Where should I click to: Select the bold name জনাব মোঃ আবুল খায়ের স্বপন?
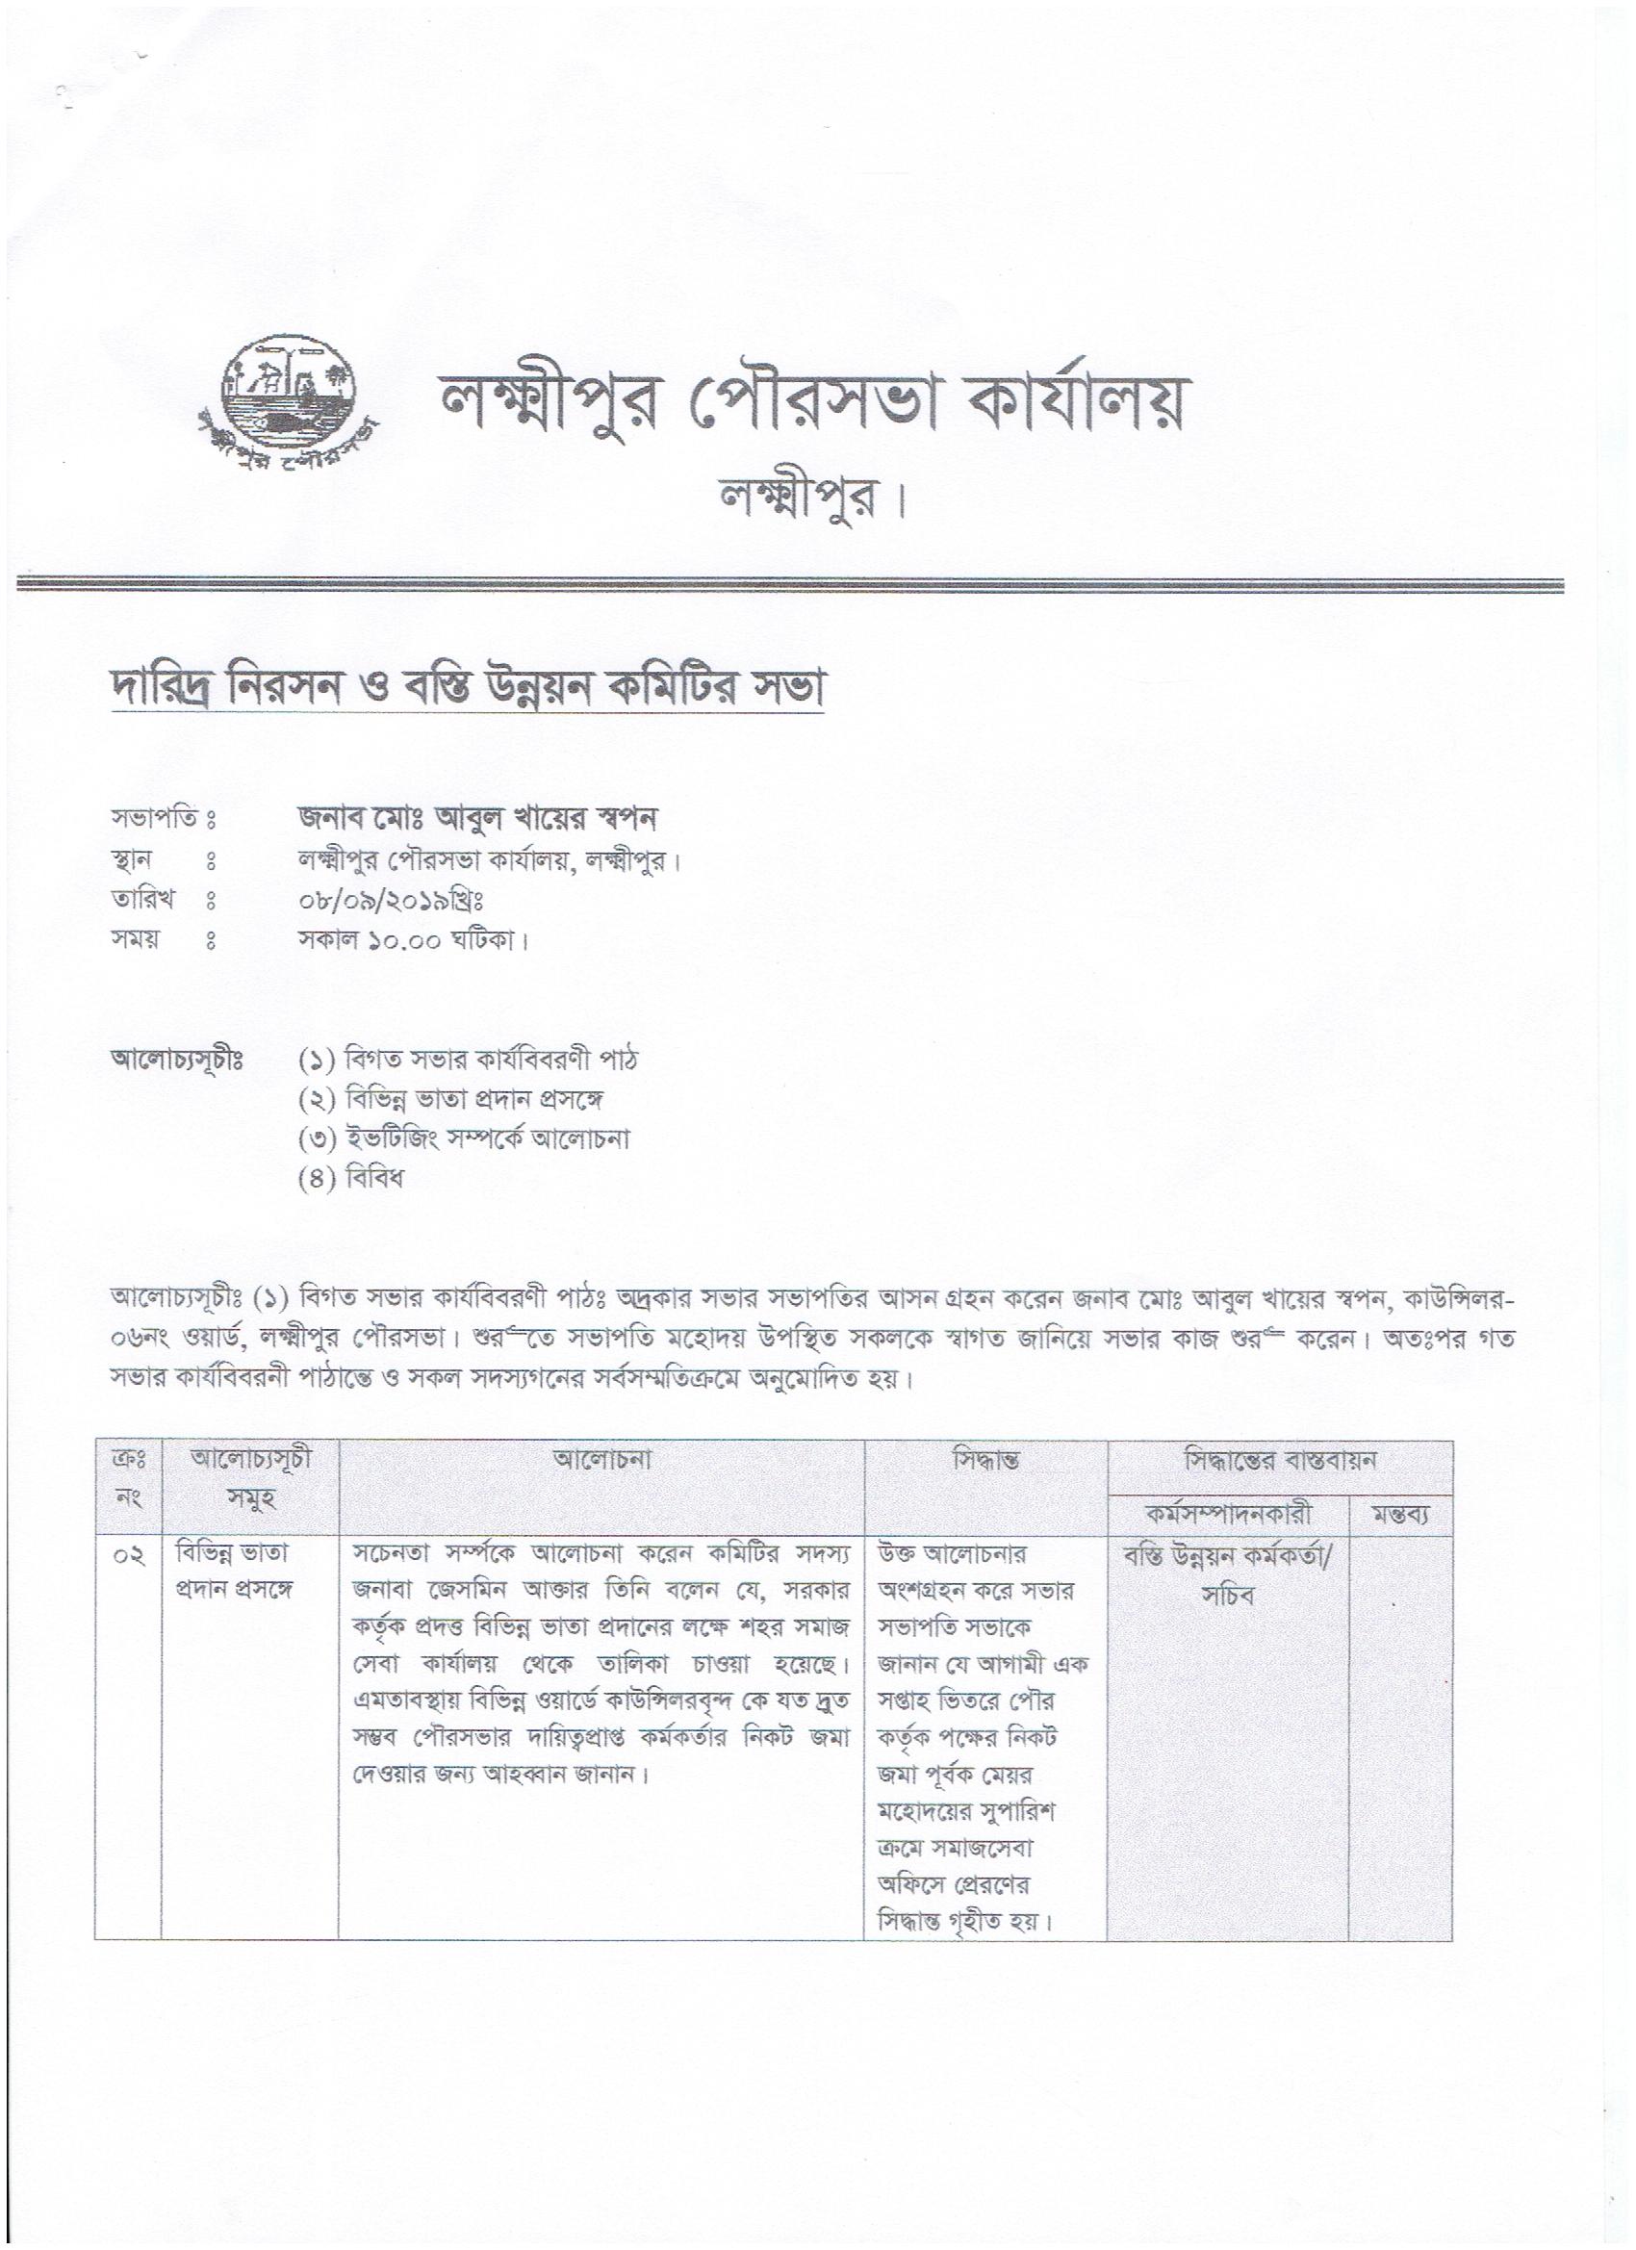point(479,818)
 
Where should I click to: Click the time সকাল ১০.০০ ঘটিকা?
point(413,939)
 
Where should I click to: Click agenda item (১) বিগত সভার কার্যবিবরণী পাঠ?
point(469,1060)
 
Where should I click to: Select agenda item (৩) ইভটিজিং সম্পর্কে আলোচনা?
point(464,1138)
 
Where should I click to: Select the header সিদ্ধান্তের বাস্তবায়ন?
point(1280,1460)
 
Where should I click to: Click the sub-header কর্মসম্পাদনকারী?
point(1227,1515)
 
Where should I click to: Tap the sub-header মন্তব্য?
point(1399,1516)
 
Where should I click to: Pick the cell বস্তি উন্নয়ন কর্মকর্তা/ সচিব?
point(1227,1574)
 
